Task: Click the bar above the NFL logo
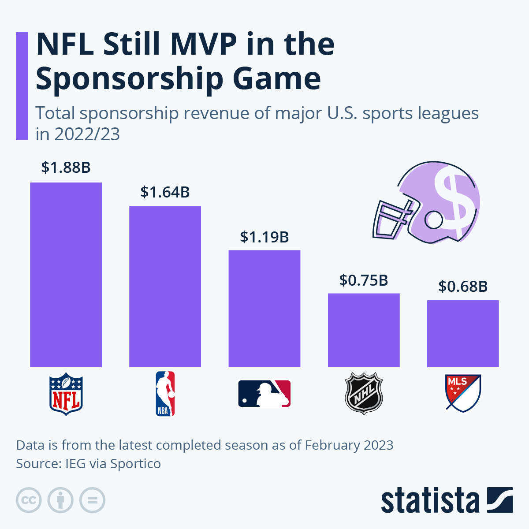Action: (66, 274)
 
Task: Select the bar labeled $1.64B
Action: (165, 286)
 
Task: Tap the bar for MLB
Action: (264, 308)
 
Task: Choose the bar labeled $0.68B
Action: (463, 333)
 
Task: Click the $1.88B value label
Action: (66, 168)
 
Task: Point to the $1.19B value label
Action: (264, 237)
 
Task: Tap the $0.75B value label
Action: (364, 280)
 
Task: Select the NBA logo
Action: (165, 394)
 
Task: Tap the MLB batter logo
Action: (264, 394)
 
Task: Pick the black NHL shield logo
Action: (364, 393)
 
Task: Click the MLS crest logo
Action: (463, 393)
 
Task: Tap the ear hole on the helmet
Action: (433, 219)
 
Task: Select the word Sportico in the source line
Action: (135, 464)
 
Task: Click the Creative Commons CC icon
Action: (29, 500)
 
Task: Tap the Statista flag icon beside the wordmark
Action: (500, 500)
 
